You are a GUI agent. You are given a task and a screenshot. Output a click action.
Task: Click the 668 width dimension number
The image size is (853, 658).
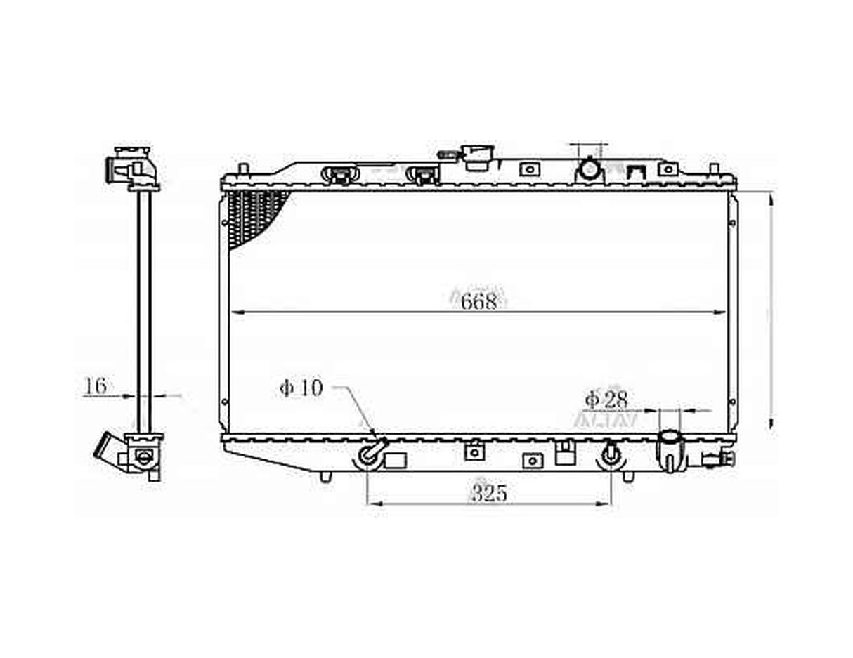pyautogui.click(x=479, y=301)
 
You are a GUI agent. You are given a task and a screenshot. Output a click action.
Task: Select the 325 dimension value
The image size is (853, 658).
pyautogui.click(x=489, y=494)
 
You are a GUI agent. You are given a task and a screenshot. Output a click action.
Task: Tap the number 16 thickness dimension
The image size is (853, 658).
pyautogui.click(x=96, y=386)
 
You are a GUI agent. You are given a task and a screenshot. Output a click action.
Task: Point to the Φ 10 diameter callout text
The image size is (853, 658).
pyautogui.click(x=301, y=388)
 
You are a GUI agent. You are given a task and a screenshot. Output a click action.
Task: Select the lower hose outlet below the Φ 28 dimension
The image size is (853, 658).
pyautogui.click(x=670, y=448)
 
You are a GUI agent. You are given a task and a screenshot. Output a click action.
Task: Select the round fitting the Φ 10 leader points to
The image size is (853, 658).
pyautogui.click(x=370, y=454)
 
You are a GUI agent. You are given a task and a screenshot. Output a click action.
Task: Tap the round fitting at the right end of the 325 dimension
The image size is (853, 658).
pyautogui.click(x=611, y=454)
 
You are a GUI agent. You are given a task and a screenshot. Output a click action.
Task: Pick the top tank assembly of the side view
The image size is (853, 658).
pyautogui.click(x=134, y=169)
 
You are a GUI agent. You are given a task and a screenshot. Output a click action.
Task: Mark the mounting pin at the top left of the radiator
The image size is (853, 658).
pyautogui.click(x=242, y=169)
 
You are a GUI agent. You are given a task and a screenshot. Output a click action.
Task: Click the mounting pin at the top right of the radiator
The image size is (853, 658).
pyautogui.click(x=713, y=169)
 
